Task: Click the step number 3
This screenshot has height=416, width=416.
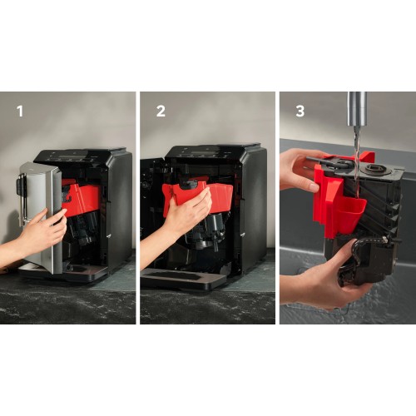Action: click(x=299, y=109)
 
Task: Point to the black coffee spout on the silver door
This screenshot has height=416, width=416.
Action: click(x=20, y=185)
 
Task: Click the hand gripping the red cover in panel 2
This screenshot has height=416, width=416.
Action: click(x=185, y=214)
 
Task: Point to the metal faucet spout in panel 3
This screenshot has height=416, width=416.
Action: click(x=356, y=111)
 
